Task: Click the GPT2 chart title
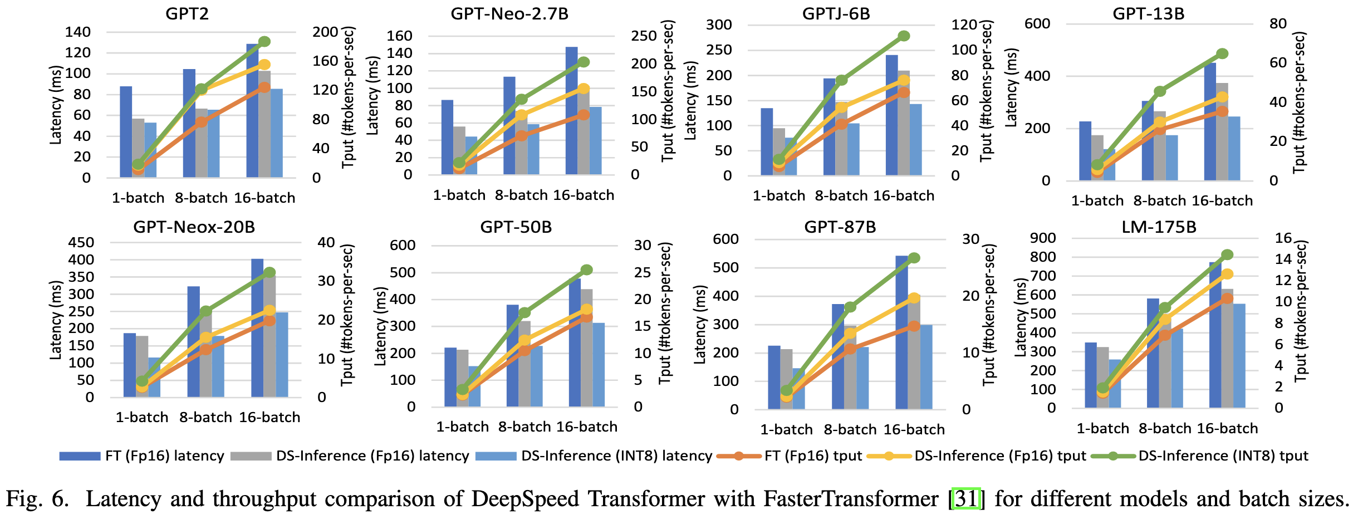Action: (187, 13)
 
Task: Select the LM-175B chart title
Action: (1159, 227)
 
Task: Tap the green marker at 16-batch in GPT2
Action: (264, 42)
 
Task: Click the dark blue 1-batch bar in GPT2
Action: (126, 132)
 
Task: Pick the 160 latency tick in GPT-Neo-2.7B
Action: (399, 36)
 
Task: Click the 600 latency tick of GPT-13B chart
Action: (1037, 24)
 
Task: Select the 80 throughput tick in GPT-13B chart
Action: (1278, 24)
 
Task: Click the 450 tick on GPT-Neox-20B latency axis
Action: (81, 243)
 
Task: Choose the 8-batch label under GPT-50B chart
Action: (524, 427)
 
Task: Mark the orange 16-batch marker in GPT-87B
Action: (914, 326)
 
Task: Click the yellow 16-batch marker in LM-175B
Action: (1223, 274)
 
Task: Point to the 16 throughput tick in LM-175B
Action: (1283, 238)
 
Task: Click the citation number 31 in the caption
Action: (966, 498)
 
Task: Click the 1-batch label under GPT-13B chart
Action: (1097, 201)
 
